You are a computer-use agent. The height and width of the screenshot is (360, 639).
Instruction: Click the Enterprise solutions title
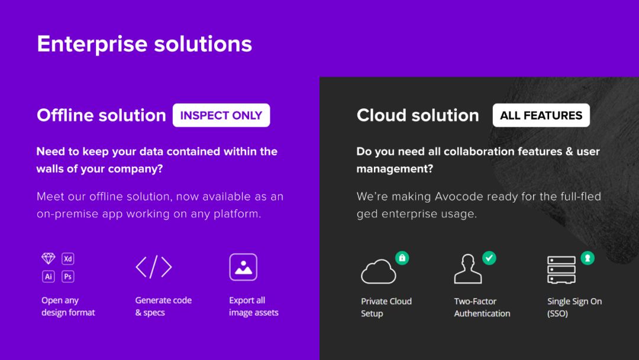144,44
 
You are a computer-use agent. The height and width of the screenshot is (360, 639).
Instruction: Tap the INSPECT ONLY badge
221,115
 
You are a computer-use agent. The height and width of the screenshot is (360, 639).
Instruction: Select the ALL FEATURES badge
541,115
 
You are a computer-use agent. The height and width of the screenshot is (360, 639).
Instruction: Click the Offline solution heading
102,115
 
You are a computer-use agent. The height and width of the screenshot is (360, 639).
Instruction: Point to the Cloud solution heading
418,115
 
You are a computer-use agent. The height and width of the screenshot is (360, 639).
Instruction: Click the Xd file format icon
68,259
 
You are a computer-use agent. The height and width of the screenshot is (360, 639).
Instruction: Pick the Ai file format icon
48,277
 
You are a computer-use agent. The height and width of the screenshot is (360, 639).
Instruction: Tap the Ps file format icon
68,277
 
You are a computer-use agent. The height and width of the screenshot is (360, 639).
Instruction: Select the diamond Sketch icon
48,259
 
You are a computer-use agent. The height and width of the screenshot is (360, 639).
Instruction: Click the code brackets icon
154,267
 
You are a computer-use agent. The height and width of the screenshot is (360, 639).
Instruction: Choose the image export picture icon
243,267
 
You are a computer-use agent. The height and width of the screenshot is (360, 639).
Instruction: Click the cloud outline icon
378,272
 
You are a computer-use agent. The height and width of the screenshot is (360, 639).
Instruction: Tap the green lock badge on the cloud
402,258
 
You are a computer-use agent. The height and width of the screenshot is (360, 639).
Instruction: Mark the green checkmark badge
489,258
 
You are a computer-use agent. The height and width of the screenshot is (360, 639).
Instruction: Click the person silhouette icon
468,269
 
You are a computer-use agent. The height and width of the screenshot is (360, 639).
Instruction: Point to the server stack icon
561,269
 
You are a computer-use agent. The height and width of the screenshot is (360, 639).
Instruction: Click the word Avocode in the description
455,197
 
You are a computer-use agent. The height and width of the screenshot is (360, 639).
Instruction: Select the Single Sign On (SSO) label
575,307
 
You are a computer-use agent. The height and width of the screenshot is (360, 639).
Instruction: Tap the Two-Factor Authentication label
482,307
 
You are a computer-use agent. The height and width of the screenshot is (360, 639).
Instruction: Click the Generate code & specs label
163,306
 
